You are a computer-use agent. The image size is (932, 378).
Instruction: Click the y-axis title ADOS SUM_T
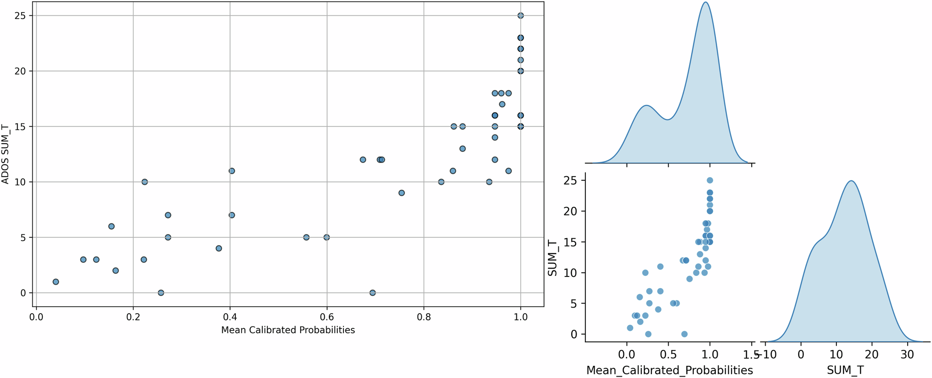6,154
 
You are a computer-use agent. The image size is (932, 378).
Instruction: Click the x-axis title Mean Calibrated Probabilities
288,330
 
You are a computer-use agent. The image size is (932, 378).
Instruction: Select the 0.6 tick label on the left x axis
327,317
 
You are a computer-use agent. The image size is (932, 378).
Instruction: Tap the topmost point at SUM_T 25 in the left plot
521,15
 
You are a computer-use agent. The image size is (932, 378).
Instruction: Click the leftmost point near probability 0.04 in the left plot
55,282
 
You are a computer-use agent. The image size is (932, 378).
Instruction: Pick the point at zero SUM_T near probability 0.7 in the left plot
372,293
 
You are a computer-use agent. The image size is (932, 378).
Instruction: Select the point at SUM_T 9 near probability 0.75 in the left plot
401,193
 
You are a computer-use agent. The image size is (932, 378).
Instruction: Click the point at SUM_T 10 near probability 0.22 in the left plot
144,182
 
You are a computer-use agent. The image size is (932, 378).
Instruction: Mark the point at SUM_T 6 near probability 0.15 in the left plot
111,226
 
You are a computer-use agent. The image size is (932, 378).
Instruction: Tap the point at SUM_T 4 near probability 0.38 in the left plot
219,248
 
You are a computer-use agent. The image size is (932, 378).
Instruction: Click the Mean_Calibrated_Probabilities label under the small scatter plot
669,370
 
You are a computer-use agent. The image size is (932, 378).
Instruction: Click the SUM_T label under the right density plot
845,370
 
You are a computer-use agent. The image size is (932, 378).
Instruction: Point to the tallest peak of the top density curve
706,2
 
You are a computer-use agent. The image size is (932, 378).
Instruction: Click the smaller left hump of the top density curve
646,106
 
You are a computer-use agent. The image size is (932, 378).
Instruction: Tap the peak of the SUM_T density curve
851,181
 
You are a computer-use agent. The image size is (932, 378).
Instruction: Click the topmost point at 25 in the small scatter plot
710,180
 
